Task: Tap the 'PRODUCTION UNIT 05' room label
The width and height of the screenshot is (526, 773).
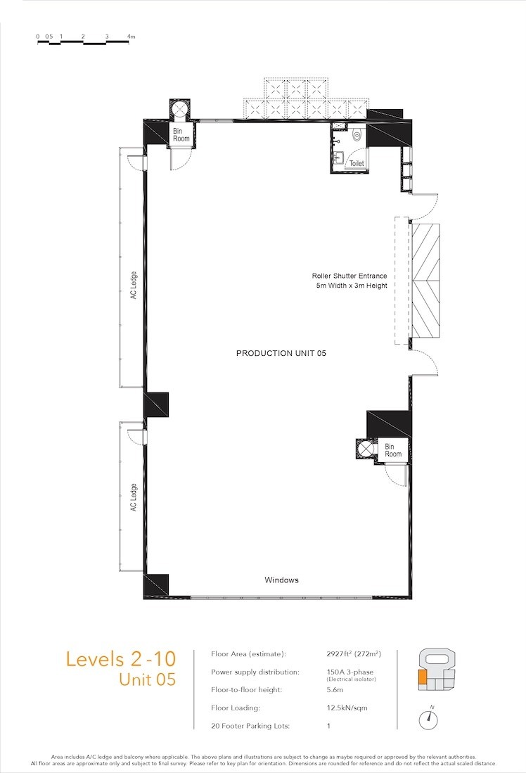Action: tap(281, 353)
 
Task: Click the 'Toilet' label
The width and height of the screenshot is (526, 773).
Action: tap(357, 163)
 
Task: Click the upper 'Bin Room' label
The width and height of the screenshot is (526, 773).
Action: tap(181, 134)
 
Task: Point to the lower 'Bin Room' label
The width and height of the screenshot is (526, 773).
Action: tap(393, 450)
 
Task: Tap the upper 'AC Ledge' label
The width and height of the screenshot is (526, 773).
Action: tap(134, 285)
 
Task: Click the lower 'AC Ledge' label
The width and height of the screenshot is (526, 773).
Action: tap(134, 497)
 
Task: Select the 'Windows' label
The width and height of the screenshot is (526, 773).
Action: tap(281, 580)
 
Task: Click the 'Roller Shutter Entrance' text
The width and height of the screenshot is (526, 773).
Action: tap(349, 276)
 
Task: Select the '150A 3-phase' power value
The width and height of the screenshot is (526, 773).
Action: tap(350, 672)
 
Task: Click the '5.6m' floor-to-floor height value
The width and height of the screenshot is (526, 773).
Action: tap(335, 690)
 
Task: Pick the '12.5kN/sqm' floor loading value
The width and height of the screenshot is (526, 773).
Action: tap(347, 708)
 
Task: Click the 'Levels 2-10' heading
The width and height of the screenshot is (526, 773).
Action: tap(121, 659)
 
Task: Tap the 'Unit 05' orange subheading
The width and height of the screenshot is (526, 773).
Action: tap(148, 679)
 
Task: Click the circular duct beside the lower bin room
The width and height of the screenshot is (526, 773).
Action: tap(366, 449)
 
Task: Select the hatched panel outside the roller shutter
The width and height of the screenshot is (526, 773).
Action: tap(425, 281)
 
